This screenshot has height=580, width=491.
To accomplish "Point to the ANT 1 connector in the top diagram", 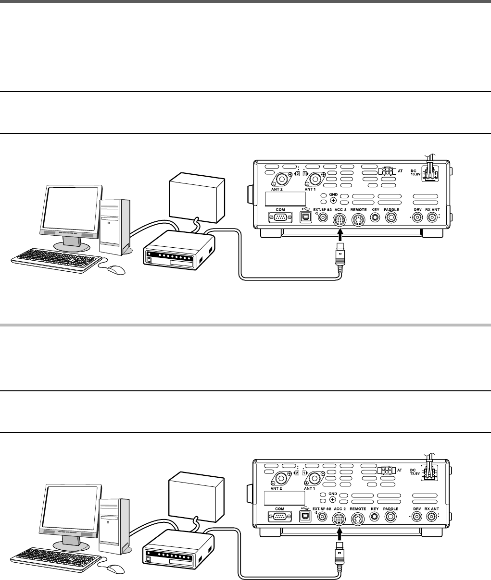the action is click(x=315, y=180).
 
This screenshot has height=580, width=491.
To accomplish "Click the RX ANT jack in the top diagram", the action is click(x=434, y=218).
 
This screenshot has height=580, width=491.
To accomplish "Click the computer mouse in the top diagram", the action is click(x=116, y=269).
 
